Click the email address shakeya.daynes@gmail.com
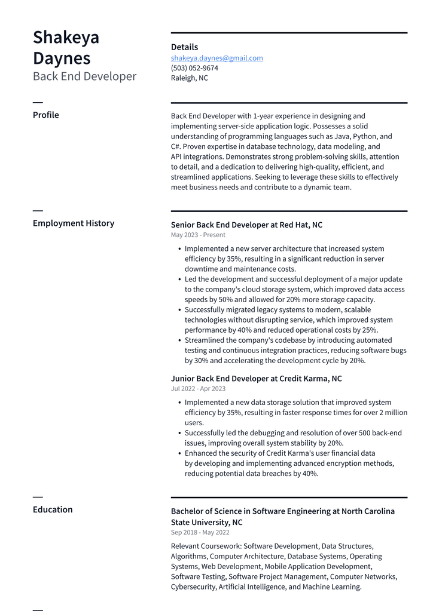[x=216, y=58]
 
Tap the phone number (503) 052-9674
[x=194, y=68]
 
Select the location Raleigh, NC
[x=189, y=78]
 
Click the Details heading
[x=184, y=47]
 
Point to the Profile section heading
[x=45, y=115]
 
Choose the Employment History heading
[x=73, y=223]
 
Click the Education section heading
[x=53, y=509]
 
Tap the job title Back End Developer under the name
[x=84, y=76]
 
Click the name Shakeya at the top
[x=66, y=37]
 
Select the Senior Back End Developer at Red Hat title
[x=246, y=225]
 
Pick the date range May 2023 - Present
[x=198, y=235]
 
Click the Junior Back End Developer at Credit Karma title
[x=256, y=379]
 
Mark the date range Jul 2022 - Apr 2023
[x=198, y=388]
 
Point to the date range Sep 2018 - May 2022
[x=200, y=532]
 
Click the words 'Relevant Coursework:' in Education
[x=206, y=546]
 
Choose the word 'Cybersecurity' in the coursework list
[x=193, y=587]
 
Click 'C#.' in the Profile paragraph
[x=176, y=146]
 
